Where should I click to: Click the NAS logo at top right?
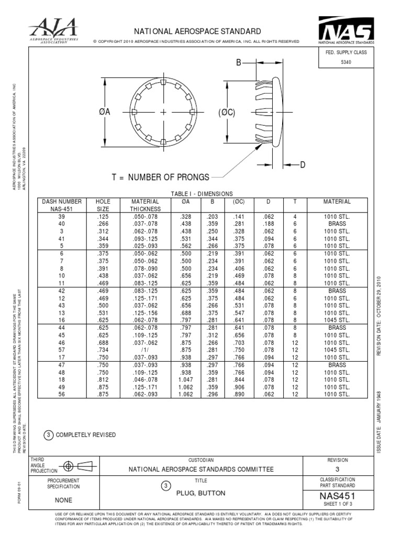point(346,30)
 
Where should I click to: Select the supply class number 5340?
point(346,62)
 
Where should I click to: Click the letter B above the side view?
point(239,62)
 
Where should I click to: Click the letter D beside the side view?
point(302,165)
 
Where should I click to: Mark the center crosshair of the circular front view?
point(163,112)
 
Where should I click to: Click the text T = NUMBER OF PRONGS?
point(161,177)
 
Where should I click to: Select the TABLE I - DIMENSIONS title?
point(202,194)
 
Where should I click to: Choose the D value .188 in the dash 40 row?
point(267,224)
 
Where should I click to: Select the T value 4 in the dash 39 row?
point(295,216)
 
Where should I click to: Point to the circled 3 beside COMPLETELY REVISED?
point(49,435)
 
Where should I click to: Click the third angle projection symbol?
point(75,465)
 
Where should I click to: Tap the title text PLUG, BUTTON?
point(201,493)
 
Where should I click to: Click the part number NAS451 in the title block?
point(337,495)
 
